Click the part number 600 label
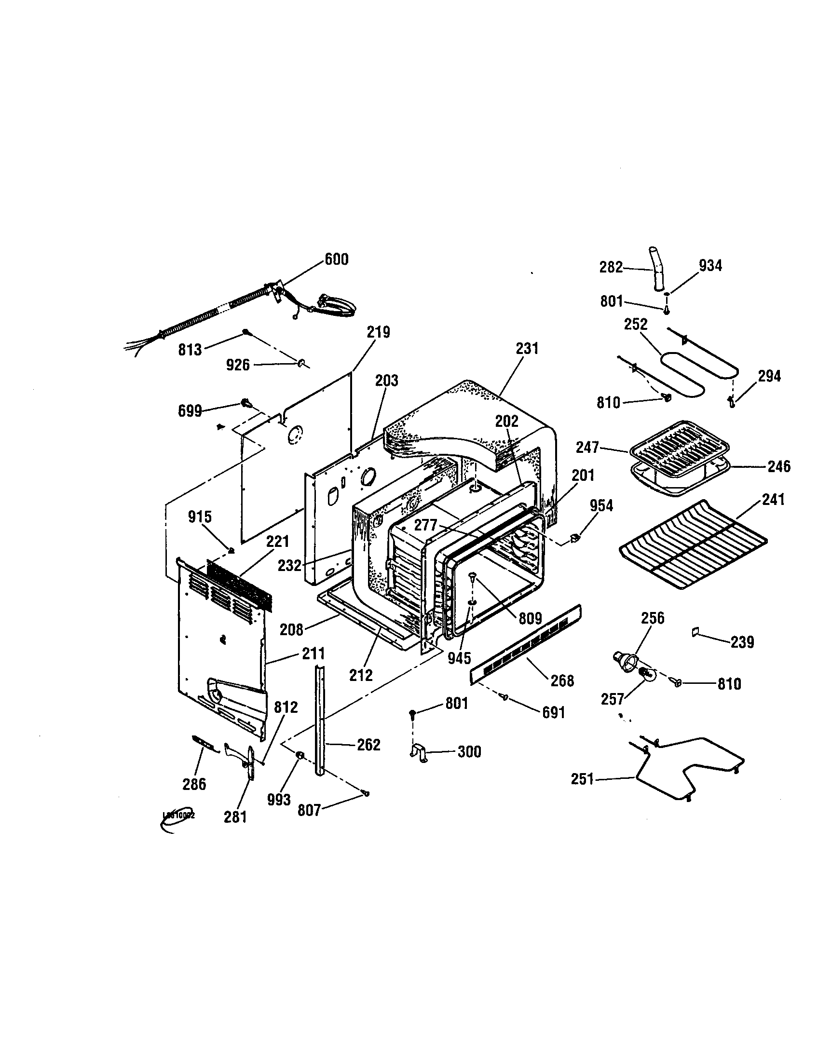pyautogui.click(x=336, y=259)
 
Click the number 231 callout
pyautogui.click(x=527, y=348)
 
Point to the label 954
pyautogui.click(x=601, y=506)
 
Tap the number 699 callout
pyautogui.click(x=190, y=411)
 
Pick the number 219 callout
pyautogui.click(x=378, y=332)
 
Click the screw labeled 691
pyautogui.click(x=505, y=698)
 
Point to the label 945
pyautogui.click(x=459, y=658)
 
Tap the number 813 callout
pyautogui.click(x=190, y=349)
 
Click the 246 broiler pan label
pyautogui.click(x=778, y=466)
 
